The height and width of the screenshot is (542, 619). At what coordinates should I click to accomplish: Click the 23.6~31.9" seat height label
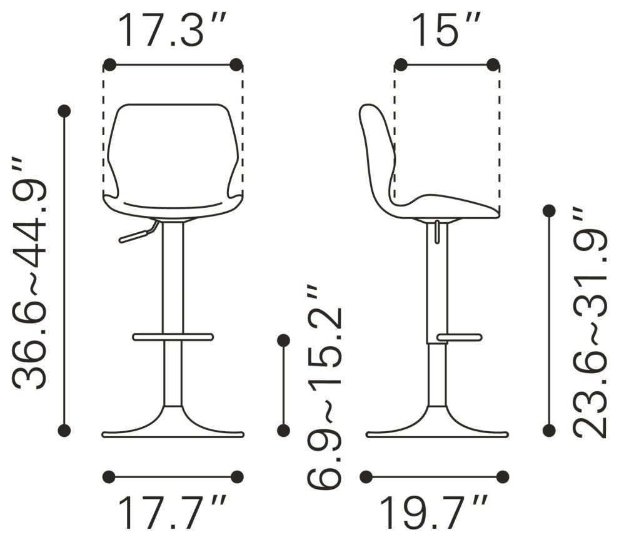coord(590,322)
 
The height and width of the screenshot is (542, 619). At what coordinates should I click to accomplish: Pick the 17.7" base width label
coord(173,512)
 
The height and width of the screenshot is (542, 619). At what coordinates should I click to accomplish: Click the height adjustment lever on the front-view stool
coord(139,232)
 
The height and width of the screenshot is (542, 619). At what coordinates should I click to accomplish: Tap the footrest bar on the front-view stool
coord(173,337)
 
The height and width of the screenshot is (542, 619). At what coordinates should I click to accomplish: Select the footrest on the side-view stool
coord(460,337)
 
